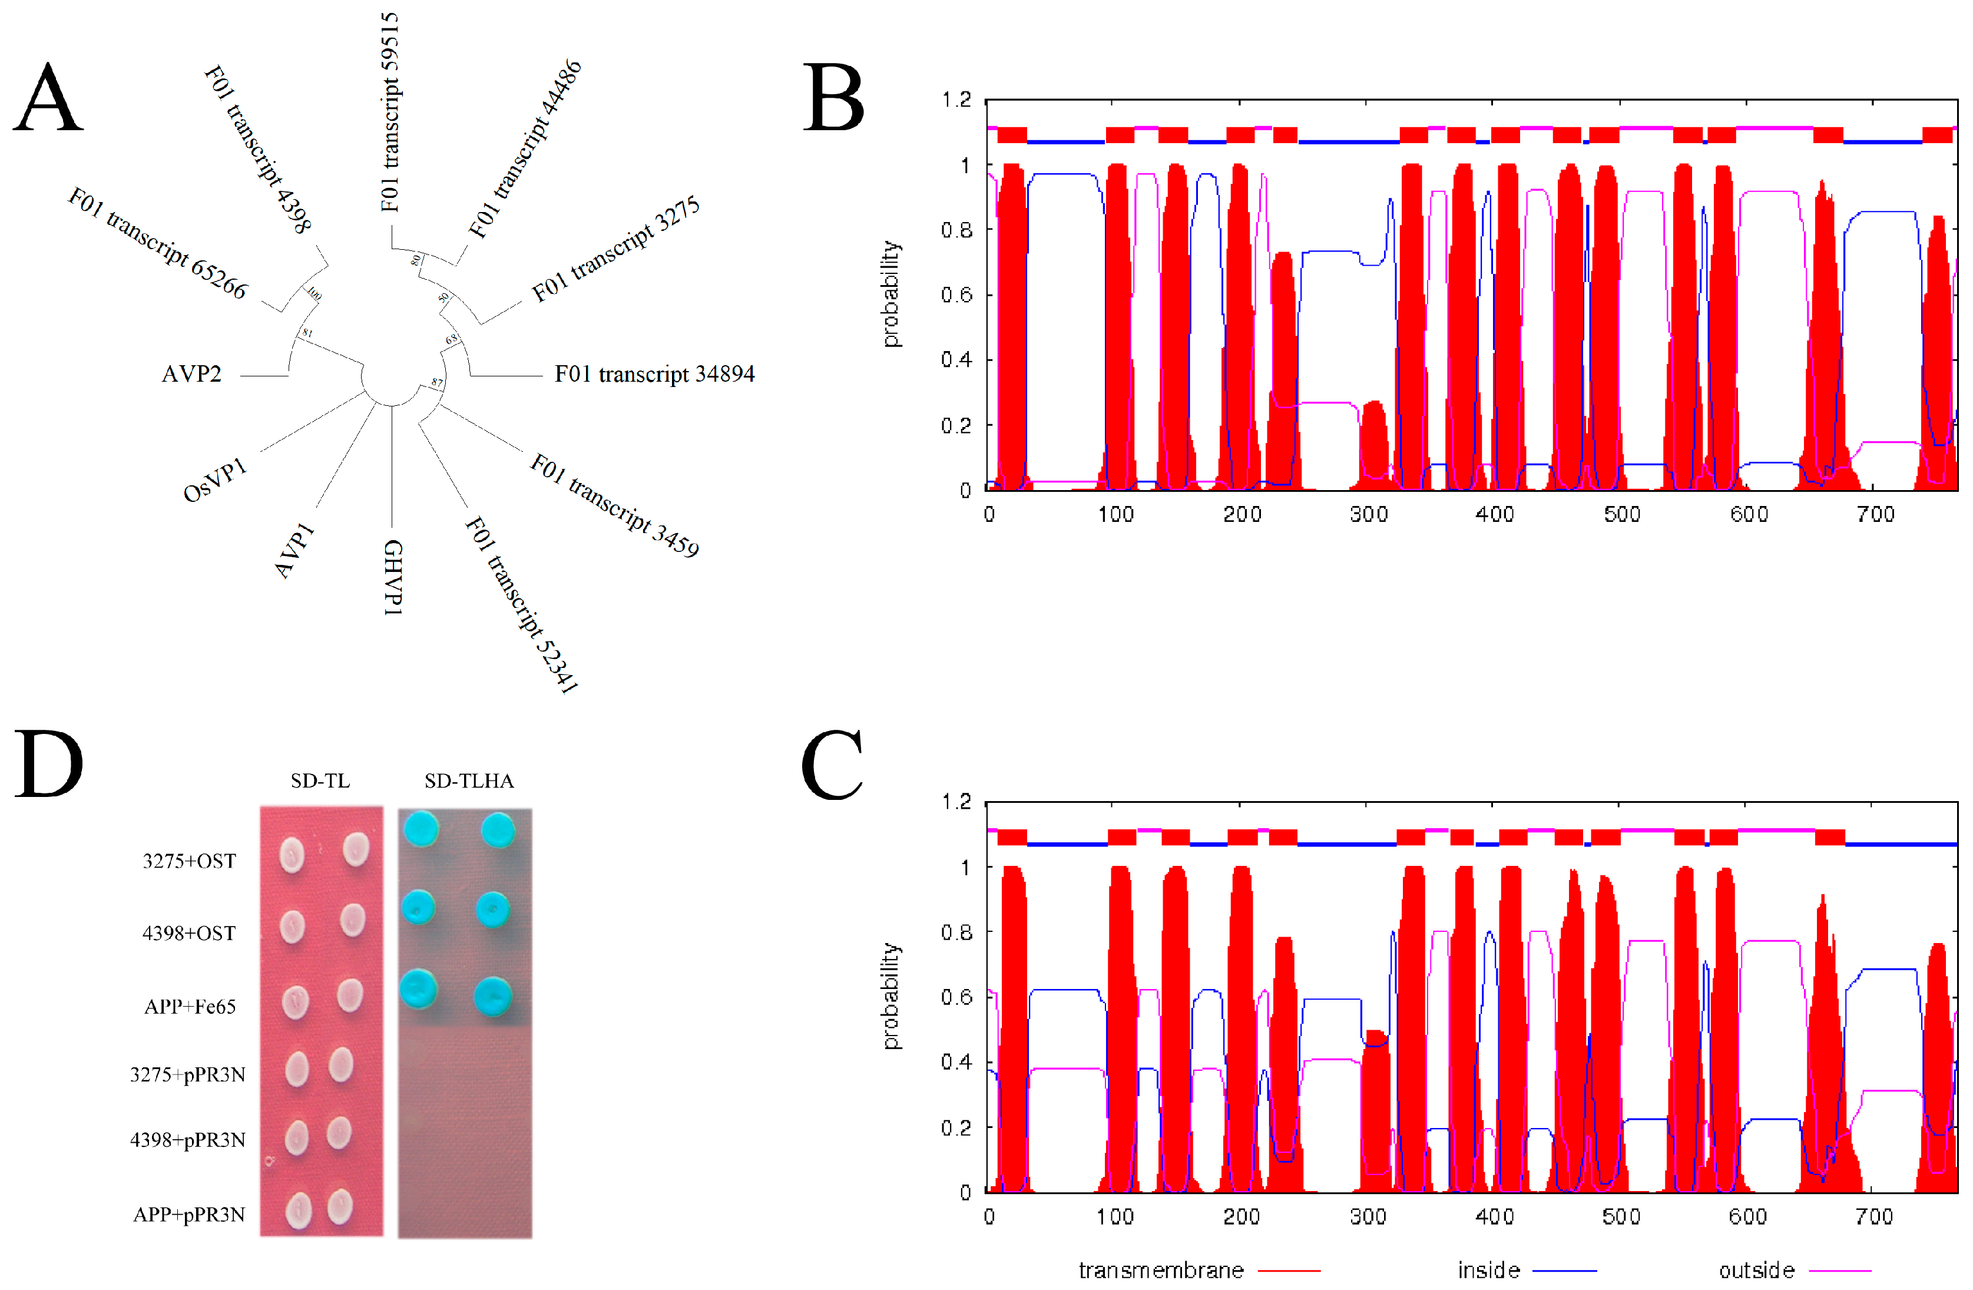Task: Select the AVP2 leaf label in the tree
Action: click(191, 375)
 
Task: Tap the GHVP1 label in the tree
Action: click(393, 577)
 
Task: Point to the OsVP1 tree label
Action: click(215, 480)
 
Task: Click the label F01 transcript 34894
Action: click(654, 375)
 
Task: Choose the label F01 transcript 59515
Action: click(390, 112)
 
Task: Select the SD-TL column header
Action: click(320, 781)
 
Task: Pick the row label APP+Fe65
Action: click(190, 1007)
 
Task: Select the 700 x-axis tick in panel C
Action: click(1874, 1217)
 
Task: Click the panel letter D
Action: click(48, 765)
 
